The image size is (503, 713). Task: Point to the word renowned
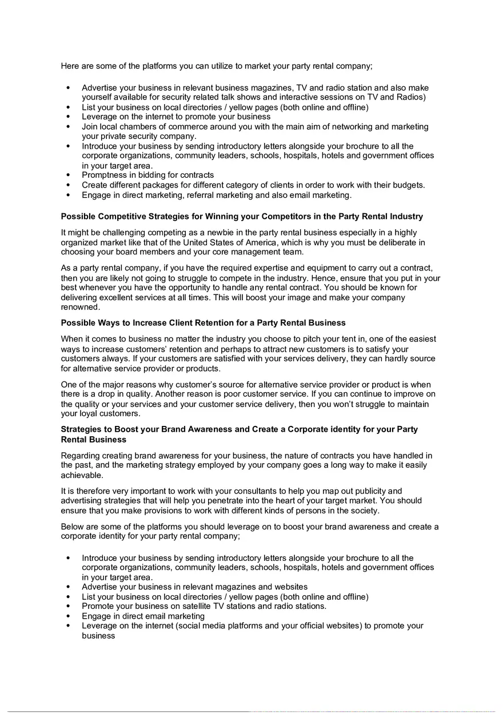(x=79, y=307)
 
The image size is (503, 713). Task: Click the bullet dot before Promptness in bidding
(x=69, y=175)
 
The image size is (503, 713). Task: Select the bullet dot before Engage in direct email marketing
(x=69, y=616)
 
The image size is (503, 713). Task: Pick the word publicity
(x=370, y=491)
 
